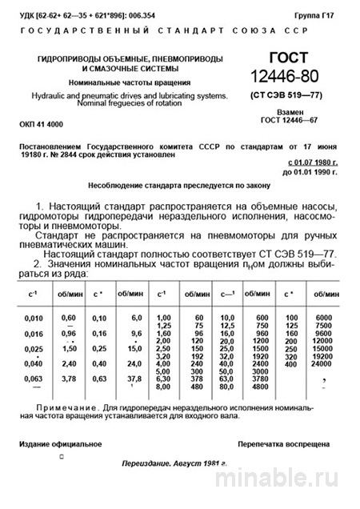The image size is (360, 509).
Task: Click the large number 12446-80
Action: (x=287, y=78)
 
